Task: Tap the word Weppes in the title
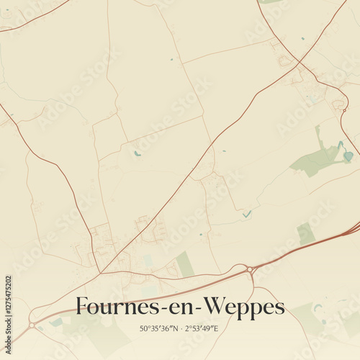coord(245,307)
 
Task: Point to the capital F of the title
coord(82,306)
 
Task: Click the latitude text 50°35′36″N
coord(160,329)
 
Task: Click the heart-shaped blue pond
coord(348,155)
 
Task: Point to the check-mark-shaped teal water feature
coord(247,214)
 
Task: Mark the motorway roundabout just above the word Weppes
coord(251,269)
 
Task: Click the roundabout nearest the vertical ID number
coord(32,325)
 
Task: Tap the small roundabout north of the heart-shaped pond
coord(338,104)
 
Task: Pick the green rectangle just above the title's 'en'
coord(185,264)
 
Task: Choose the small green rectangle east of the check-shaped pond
coord(306,233)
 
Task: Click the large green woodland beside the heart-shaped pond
coord(317,160)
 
